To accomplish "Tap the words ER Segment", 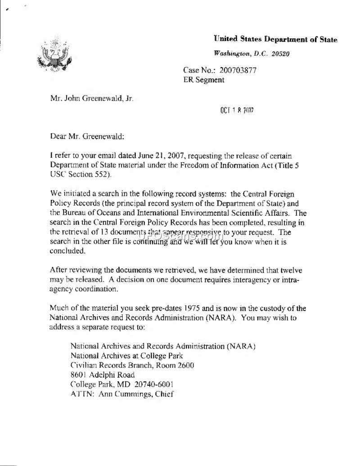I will click(x=204, y=80).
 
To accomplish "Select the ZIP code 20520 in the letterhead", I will click(x=279, y=53).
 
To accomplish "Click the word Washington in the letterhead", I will click(x=233, y=53).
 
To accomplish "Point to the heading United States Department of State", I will click(x=275, y=40).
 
